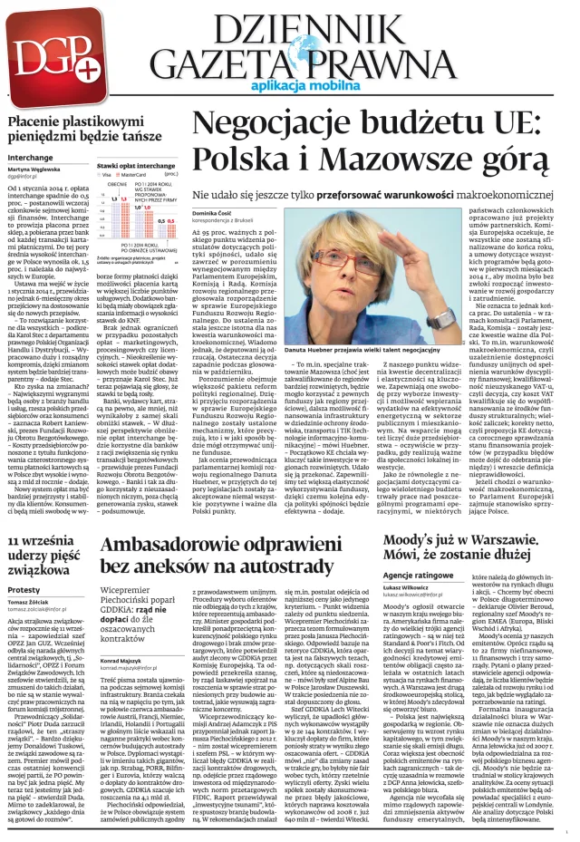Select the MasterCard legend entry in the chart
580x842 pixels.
(x=139, y=174)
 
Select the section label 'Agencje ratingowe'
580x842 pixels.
(x=416, y=576)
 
